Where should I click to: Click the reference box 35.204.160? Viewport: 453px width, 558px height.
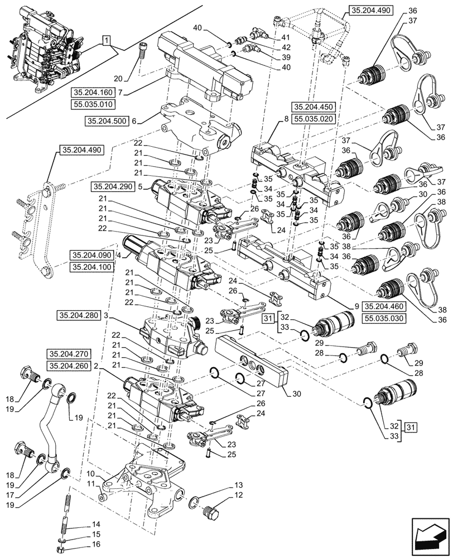pos(92,92)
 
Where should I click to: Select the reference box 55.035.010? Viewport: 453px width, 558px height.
pos(92,104)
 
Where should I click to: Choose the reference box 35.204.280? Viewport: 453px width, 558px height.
pos(78,316)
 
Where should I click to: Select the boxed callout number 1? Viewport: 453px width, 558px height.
pos(107,41)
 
